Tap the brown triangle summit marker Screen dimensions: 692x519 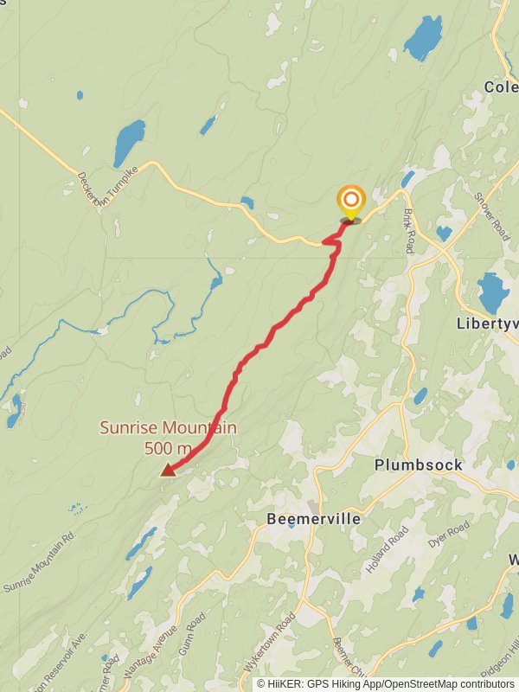pos(168,470)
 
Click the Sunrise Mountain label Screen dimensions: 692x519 pos(168,427)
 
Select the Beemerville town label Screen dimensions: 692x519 pos(312,519)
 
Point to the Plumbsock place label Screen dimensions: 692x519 pos(419,465)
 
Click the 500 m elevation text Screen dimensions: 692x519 pos(168,448)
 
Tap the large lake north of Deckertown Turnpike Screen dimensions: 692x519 pos(129,143)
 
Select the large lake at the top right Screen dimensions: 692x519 pos(422,38)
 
